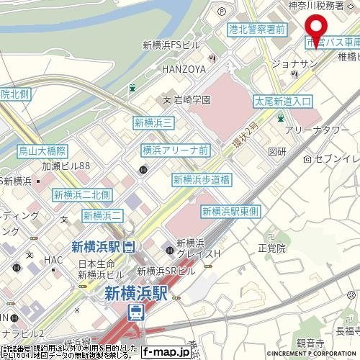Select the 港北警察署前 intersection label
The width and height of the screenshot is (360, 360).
257,30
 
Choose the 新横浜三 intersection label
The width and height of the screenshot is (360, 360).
152,124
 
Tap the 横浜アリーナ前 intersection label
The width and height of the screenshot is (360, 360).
176,150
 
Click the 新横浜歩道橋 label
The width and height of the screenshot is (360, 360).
201,179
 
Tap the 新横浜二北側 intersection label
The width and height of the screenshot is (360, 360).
81,195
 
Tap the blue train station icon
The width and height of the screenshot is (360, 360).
135,311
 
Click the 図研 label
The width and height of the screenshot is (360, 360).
276,152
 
